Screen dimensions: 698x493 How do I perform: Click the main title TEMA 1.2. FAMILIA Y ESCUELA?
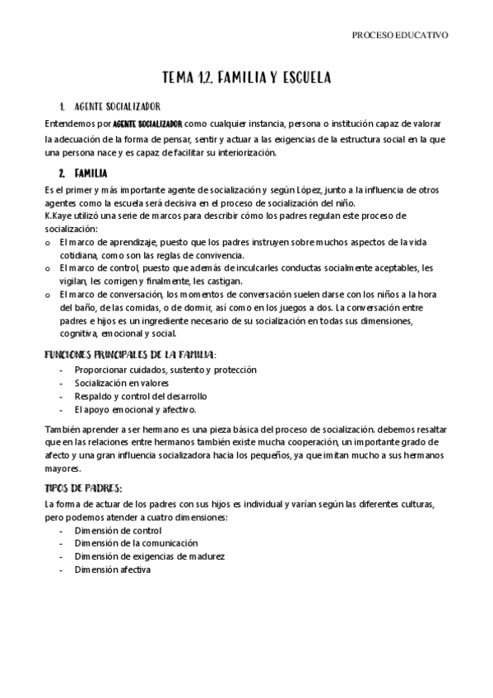246,78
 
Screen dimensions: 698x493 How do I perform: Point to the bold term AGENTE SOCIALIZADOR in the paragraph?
147,123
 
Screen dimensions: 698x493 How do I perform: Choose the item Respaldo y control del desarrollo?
140,397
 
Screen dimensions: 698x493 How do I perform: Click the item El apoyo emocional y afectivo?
135,410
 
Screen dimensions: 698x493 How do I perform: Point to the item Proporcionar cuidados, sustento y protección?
165,370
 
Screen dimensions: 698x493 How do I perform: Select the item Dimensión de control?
117,531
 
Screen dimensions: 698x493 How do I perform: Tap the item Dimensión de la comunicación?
136,543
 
